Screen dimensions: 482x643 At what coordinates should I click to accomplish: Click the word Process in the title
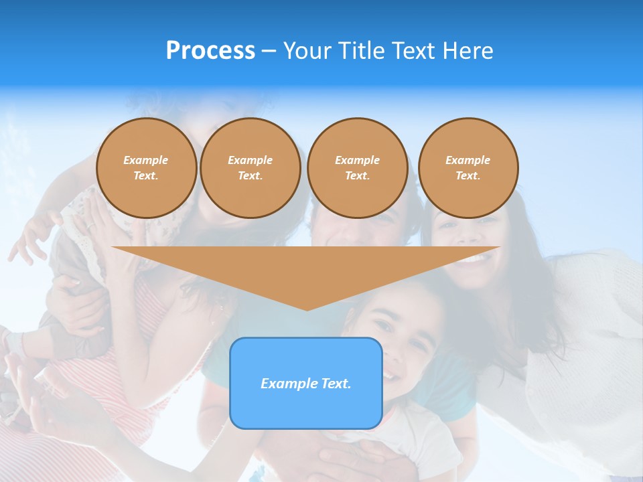(x=210, y=51)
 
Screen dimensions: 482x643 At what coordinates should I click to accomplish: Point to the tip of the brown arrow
(x=307, y=309)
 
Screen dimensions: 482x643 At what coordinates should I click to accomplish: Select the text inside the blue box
(x=305, y=384)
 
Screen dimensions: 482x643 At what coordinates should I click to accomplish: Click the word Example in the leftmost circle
(x=146, y=160)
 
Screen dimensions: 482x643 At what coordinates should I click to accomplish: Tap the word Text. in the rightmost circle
(x=468, y=175)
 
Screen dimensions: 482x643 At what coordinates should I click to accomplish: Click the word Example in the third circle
(x=357, y=160)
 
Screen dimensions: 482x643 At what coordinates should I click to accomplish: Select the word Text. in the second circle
(x=250, y=175)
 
